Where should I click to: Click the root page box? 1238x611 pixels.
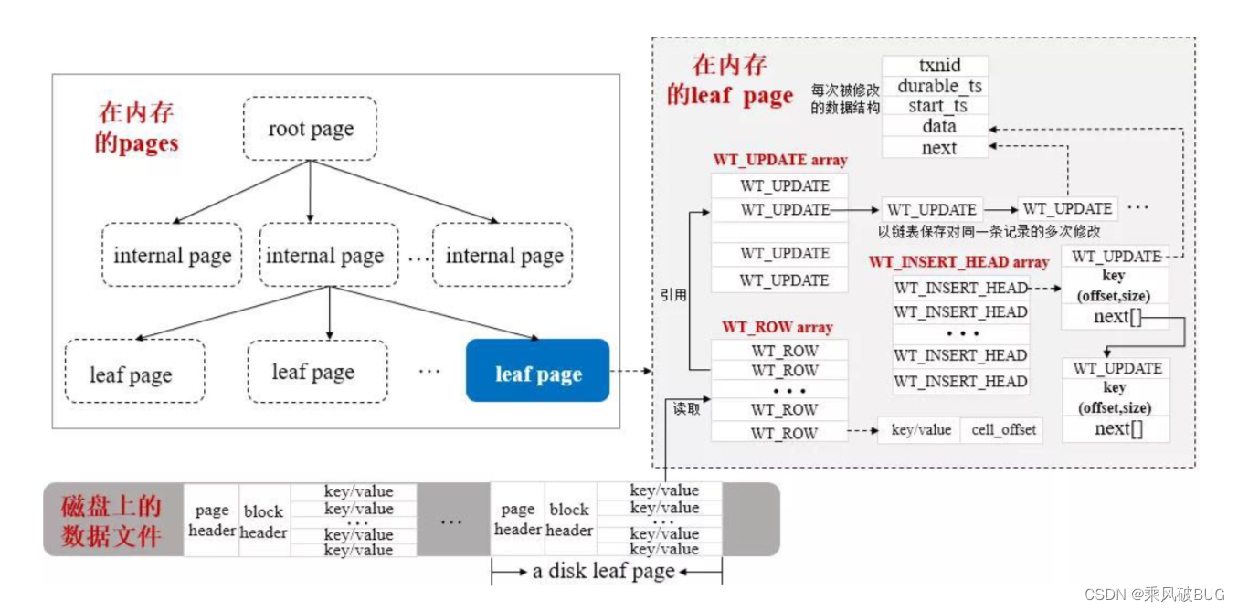point(311,130)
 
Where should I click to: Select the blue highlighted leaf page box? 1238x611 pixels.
point(537,371)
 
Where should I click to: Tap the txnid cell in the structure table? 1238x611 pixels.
point(935,66)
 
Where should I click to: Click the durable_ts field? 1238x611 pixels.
point(935,86)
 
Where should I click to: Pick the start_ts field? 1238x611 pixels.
point(935,107)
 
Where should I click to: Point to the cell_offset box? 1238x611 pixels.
point(1002,429)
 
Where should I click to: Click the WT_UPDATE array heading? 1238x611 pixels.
point(779,160)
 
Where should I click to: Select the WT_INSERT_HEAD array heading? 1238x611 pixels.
point(958,262)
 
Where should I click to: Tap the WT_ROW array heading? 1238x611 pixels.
point(777,327)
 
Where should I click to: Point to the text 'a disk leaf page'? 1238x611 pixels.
point(603,572)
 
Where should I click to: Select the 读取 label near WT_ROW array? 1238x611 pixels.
point(687,408)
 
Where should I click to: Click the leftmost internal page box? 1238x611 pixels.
point(172,256)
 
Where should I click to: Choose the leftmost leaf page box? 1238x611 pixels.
point(131,374)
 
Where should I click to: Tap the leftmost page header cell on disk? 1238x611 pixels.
point(212,520)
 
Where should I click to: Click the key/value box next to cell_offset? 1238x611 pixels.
point(920,429)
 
